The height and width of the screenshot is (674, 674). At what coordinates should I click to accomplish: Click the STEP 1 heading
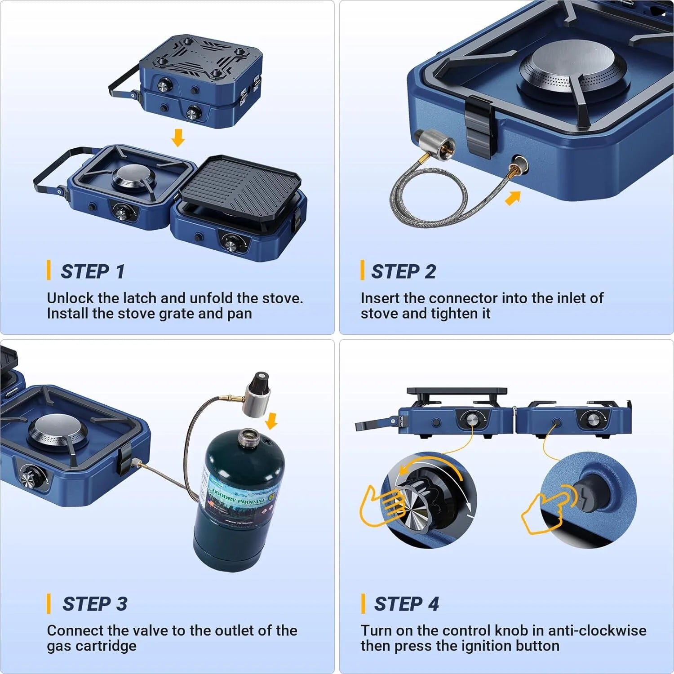93,271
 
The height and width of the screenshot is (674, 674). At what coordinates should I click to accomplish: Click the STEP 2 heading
403,271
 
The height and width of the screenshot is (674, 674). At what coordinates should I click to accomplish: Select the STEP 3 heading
94,603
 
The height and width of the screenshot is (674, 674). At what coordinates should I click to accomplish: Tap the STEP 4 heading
406,603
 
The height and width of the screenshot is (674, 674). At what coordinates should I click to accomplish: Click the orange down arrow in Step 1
178,137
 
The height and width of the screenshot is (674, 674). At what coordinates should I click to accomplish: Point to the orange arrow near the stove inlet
513,198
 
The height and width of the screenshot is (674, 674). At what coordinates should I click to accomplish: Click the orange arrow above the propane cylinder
271,421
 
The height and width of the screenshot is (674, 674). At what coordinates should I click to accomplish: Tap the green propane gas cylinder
238,499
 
